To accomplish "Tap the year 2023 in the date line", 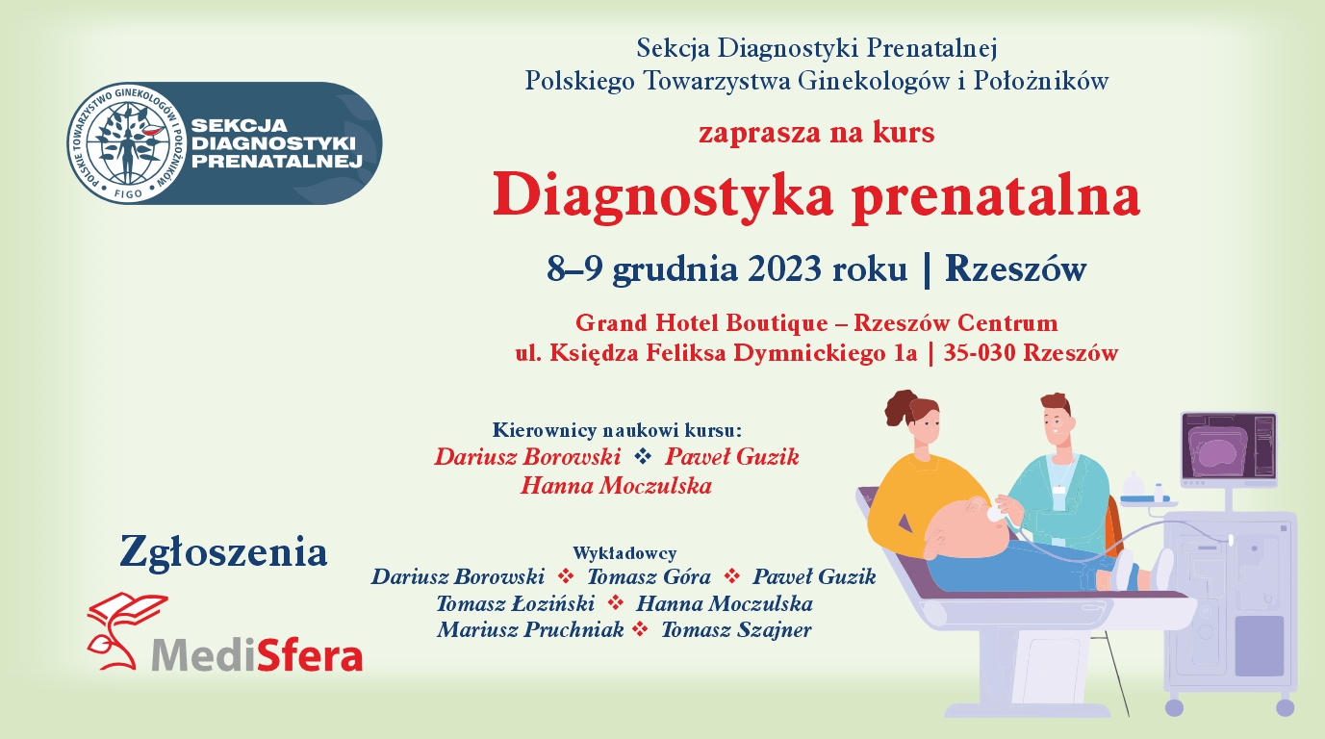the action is click(784, 269).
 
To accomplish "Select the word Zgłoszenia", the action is click(223, 552).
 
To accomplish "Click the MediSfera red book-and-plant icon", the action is click(127, 630).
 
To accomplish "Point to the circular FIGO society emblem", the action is click(128, 143).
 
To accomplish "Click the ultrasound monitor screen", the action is click(1229, 449).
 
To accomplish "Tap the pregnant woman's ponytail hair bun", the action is click(899, 407).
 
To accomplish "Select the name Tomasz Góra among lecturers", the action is click(649, 576).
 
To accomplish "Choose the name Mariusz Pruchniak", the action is click(530, 629).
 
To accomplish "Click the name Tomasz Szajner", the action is click(736, 629).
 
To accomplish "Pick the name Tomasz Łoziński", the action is click(515, 603).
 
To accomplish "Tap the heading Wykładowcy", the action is click(624, 553).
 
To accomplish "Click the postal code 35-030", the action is click(981, 353).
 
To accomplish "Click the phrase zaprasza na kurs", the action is click(817, 133).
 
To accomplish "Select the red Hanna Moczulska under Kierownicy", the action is click(616, 486).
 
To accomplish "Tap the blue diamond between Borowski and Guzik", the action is click(643, 456).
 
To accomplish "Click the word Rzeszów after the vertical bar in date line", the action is click(1015, 269).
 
